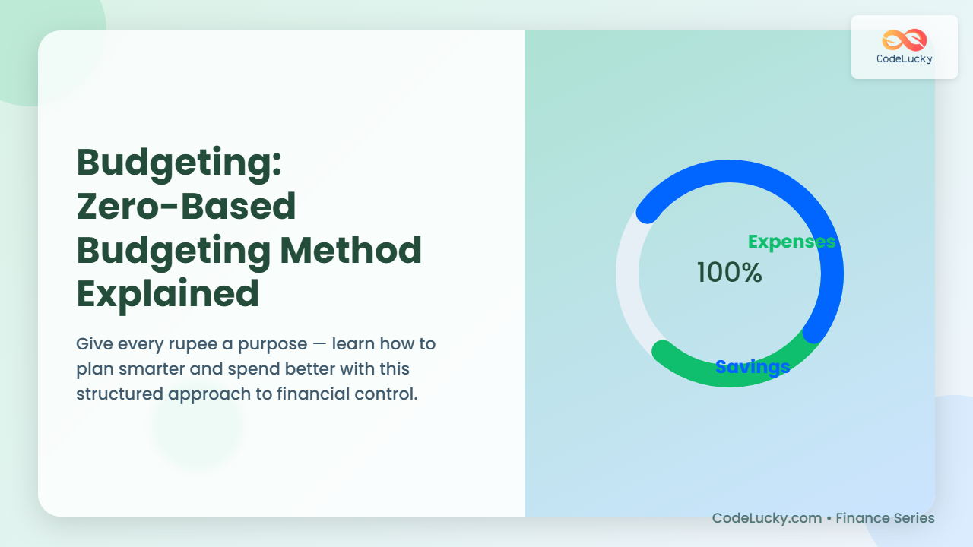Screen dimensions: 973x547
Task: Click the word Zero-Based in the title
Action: (x=186, y=206)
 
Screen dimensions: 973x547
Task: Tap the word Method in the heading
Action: (x=350, y=250)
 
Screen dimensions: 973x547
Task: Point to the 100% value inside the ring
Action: (x=729, y=273)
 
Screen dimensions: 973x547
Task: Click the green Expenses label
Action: (x=791, y=242)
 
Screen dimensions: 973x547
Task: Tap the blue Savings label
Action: (x=753, y=367)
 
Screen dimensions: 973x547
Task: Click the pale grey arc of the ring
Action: (x=628, y=282)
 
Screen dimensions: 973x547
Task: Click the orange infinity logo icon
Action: (x=905, y=40)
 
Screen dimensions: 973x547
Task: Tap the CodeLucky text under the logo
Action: (x=905, y=59)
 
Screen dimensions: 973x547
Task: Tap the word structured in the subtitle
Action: (x=119, y=394)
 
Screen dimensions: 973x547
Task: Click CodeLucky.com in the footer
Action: (x=767, y=518)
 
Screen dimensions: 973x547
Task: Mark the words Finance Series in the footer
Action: (x=886, y=518)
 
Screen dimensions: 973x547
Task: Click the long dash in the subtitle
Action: (x=319, y=345)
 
